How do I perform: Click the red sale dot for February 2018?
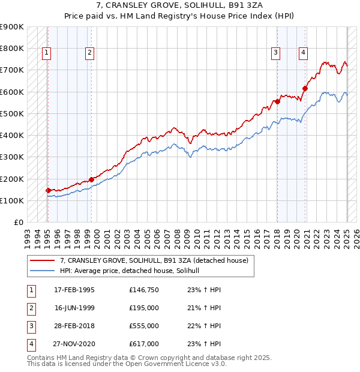point(277,101)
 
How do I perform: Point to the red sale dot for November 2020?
point(305,88)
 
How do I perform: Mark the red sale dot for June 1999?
point(91,179)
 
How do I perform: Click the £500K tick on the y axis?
point(12,113)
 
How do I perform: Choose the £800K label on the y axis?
point(12,48)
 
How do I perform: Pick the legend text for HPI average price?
point(133,271)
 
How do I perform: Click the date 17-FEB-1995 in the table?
point(74,290)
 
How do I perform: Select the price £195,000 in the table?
point(143,308)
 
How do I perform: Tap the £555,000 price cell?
point(143,326)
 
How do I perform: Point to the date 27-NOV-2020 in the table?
point(74,344)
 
